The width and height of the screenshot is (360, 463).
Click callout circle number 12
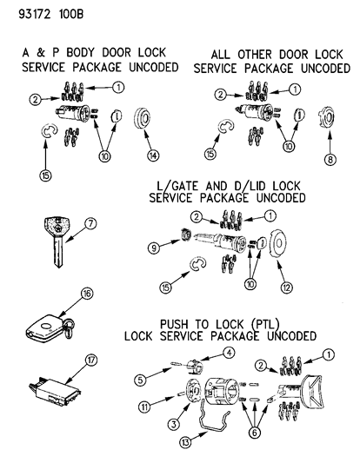pyautogui.click(x=286, y=282)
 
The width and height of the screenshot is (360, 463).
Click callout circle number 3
pyautogui.click(x=172, y=422)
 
